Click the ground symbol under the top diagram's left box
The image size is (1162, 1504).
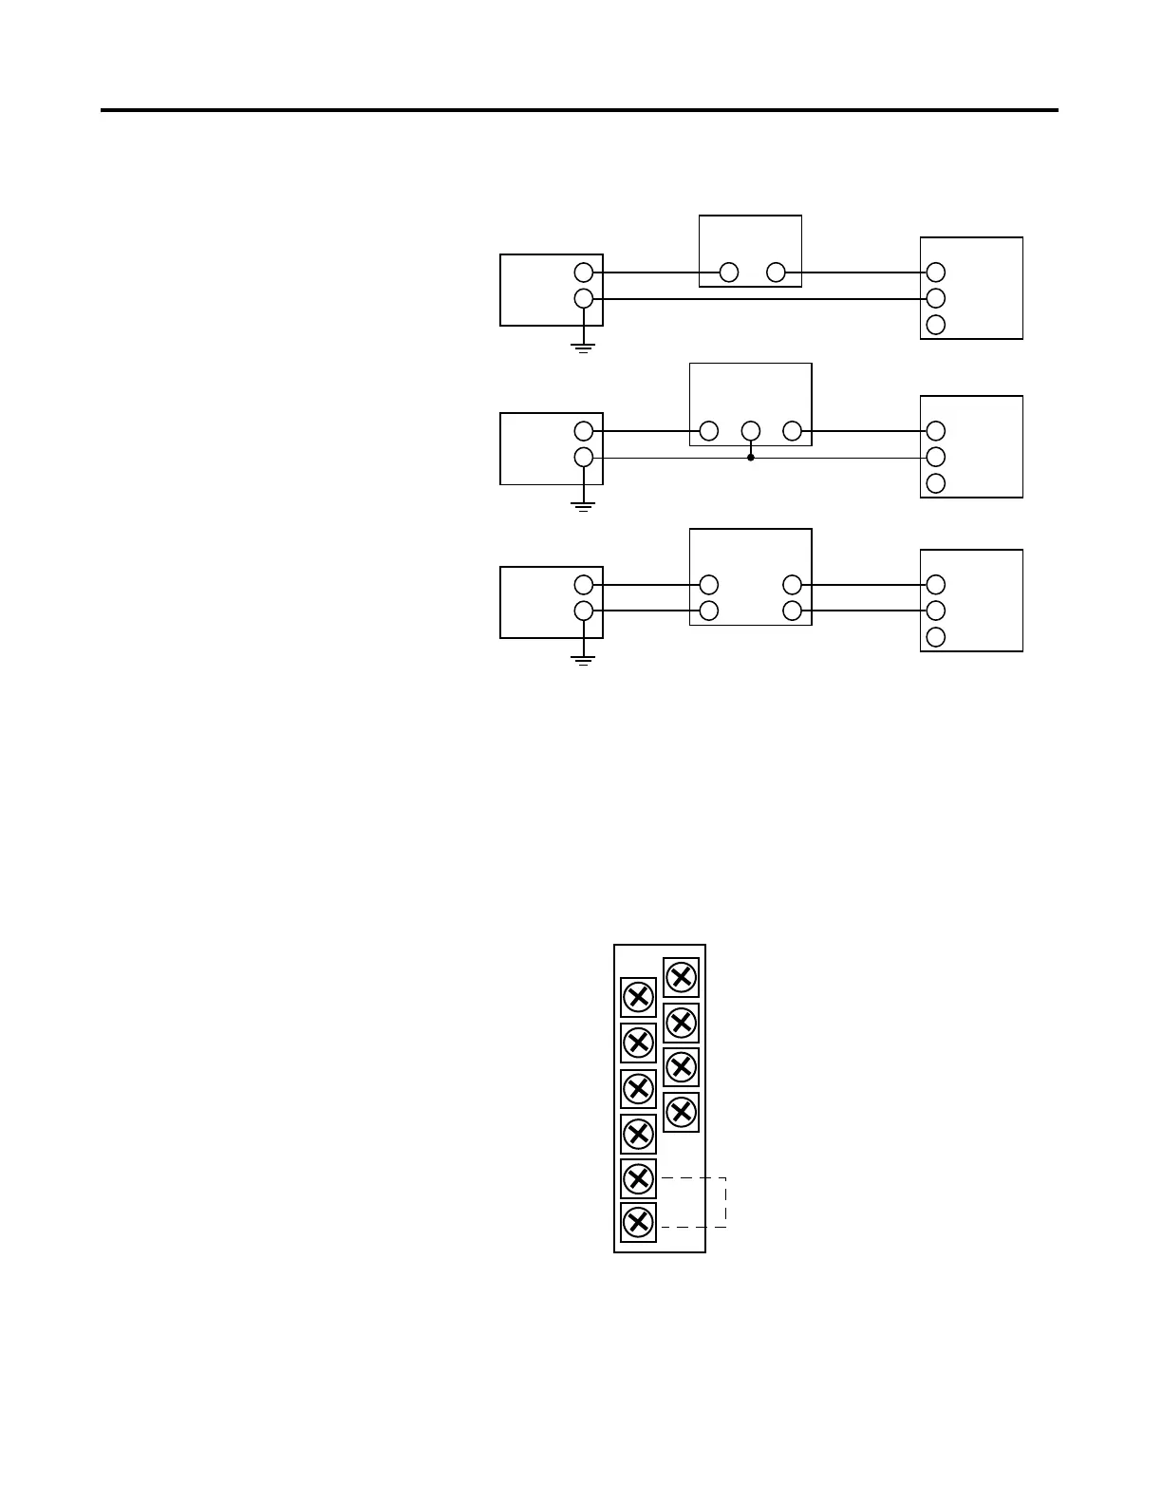pyautogui.click(x=583, y=347)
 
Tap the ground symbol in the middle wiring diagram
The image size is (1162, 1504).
pyautogui.click(x=583, y=505)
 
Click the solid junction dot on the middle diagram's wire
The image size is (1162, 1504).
pyautogui.click(x=751, y=458)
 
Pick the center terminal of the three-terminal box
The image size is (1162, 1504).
pyautogui.click(x=751, y=431)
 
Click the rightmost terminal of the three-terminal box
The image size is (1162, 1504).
pyautogui.click(x=793, y=431)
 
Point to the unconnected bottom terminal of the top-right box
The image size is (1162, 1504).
pyautogui.click(x=935, y=325)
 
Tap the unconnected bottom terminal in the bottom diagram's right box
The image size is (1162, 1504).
pyautogui.click(x=935, y=636)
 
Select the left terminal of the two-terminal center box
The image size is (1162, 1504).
pyautogui.click(x=729, y=273)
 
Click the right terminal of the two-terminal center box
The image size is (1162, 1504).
pyautogui.click(x=776, y=273)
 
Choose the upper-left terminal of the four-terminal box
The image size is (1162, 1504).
pyautogui.click(x=708, y=584)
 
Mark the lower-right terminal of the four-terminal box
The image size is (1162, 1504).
pyautogui.click(x=793, y=610)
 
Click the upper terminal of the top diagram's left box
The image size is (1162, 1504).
pyautogui.click(x=584, y=273)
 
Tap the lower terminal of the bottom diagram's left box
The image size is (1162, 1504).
pyautogui.click(x=584, y=610)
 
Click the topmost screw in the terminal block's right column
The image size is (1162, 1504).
pyautogui.click(x=681, y=977)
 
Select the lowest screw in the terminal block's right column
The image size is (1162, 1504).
pyautogui.click(x=681, y=1111)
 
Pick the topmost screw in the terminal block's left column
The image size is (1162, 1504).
pyautogui.click(x=638, y=997)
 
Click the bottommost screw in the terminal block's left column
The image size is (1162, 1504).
pyautogui.click(x=638, y=1222)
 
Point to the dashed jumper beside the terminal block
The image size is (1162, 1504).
pyautogui.click(x=725, y=1202)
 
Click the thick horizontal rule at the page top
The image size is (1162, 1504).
pyautogui.click(x=579, y=110)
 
